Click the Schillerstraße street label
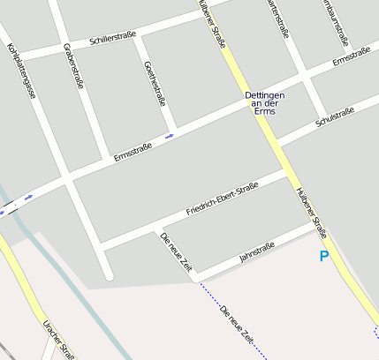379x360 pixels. pos(112,39)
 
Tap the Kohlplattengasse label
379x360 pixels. pos(20,70)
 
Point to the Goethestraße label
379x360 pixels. pos(154,83)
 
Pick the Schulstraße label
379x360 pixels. pos(334,116)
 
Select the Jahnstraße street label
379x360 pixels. pos(257,251)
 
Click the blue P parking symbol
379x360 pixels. pos(324,257)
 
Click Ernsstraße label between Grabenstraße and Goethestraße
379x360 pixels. pos(133,152)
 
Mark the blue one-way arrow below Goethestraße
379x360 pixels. pos(170,136)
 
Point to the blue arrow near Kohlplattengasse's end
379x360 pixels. pos(29,197)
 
